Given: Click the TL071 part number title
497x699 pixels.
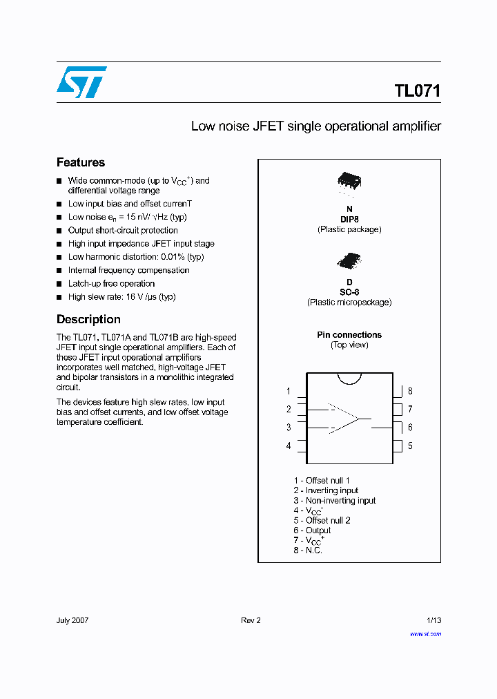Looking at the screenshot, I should pyautogui.click(x=417, y=91).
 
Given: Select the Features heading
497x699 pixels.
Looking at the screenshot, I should pyautogui.click(x=81, y=162).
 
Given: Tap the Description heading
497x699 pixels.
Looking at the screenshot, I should pyautogui.click(x=88, y=319).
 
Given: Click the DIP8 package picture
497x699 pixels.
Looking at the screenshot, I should pyautogui.click(x=349, y=182).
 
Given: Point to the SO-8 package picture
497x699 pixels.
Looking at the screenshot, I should pyautogui.click(x=349, y=260).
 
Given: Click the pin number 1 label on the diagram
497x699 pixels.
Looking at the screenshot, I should pyautogui.click(x=289, y=391).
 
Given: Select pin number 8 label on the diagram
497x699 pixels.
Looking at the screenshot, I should pyautogui.click(x=410, y=391).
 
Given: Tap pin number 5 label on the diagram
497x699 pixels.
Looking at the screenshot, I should pyautogui.click(x=410, y=446).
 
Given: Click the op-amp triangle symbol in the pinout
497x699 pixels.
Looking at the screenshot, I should pyautogui.click(x=343, y=419).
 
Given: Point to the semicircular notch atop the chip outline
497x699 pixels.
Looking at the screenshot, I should pyautogui.click(x=349, y=378).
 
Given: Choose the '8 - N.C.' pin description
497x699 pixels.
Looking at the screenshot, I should pyautogui.click(x=308, y=550).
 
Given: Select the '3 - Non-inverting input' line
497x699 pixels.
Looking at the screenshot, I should pyautogui.click(x=334, y=500).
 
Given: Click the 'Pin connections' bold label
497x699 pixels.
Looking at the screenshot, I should pyautogui.click(x=349, y=335).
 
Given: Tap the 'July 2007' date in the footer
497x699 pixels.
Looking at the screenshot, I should pyautogui.click(x=72, y=620).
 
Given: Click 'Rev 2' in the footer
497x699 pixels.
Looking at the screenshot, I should pyautogui.click(x=251, y=620).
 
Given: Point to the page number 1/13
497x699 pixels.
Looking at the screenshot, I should pyautogui.click(x=431, y=620).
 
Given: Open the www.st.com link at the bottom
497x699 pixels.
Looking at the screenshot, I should pyautogui.click(x=425, y=633).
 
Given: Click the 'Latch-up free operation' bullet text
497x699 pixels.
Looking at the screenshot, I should pyautogui.click(x=111, y=283).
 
